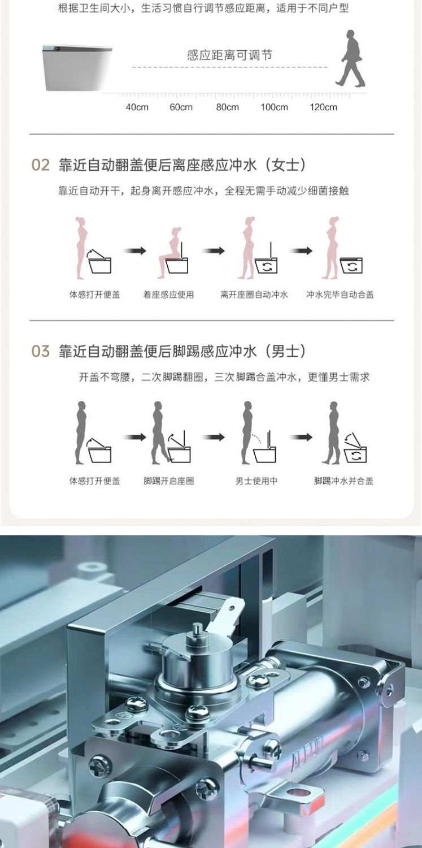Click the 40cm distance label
click(x=137, y=107)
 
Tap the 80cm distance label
click(x=227, y=107)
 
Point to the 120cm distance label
click(x=323, y=107)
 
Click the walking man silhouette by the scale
click(x=350, y=58)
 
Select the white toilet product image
click(x=77, y=67)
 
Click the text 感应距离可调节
click(x=229, y=55)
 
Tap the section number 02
click(x=41, y=165)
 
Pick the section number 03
click(x=41, y=351)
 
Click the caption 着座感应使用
click(x=169, y=295)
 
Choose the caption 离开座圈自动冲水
click(x=254, y=295)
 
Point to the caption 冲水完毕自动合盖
click(x=340, y=295)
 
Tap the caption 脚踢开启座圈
click(x=169, y=481)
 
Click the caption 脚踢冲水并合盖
click(x=343, y=481)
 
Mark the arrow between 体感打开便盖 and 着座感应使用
click(x=134, y=250)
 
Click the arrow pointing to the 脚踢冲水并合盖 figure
click(x=301, y=437)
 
